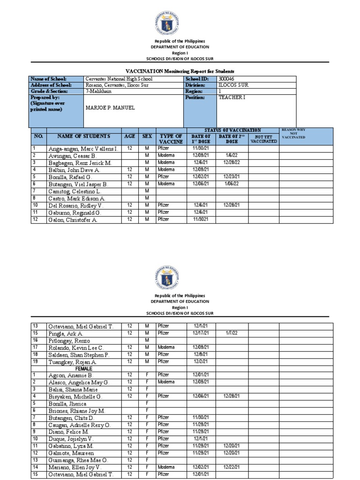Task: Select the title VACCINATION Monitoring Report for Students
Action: (180, 70)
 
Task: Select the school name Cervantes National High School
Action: (119, 79)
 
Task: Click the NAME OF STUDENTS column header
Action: (83, 136)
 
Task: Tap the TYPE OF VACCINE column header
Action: (170, 138)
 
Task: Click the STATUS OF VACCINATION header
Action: (232, 130)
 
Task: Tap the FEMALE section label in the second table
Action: (69, 369)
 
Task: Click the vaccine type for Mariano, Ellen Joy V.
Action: (166, 467)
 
